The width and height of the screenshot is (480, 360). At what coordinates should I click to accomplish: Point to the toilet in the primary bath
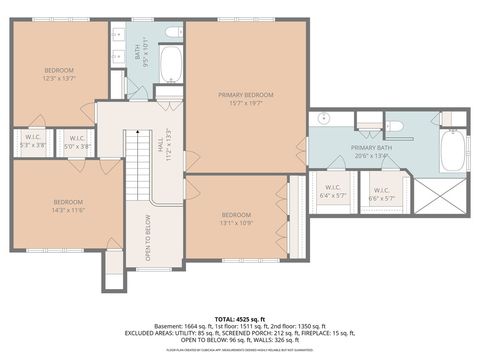coord(393,126)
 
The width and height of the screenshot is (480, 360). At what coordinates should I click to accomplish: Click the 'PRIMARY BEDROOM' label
coord(246,94)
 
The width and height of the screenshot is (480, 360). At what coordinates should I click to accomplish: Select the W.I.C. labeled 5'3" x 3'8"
coord(31,140)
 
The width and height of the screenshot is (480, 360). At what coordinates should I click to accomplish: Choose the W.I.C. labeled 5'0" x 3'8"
coord(78,140)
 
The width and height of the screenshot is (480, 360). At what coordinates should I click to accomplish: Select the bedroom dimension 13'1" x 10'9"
coord(236,222)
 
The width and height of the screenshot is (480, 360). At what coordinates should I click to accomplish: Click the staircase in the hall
coord(136,165)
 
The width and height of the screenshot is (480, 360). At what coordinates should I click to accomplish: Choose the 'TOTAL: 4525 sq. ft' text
coord(240,317)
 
